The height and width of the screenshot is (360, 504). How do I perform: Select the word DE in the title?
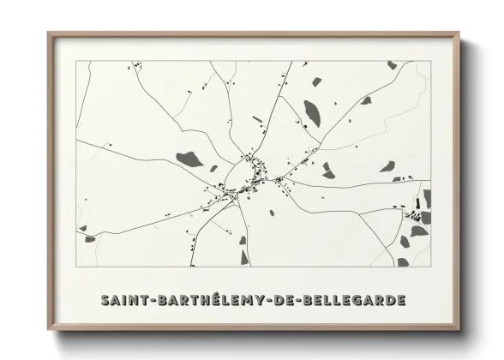click(x=291, y=301)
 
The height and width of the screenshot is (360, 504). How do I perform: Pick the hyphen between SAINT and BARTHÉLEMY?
click(x=151, y=302)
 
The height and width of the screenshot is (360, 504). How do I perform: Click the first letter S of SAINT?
click(x=105, y=301)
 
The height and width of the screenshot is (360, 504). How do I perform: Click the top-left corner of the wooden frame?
click(x=49, y=33)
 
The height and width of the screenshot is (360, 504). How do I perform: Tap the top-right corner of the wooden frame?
click(x=460, y=33)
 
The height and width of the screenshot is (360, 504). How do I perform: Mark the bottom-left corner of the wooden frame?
click(x=49, y=331)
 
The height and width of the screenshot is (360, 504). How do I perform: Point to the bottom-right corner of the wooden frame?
click(x=460, y=331)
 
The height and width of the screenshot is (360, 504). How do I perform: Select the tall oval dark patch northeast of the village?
click(x=312, y=111)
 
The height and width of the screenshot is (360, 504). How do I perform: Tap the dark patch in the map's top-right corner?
click(x=392, y=65)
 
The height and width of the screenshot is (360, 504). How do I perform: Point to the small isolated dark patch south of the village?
click(x=271, y=212)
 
